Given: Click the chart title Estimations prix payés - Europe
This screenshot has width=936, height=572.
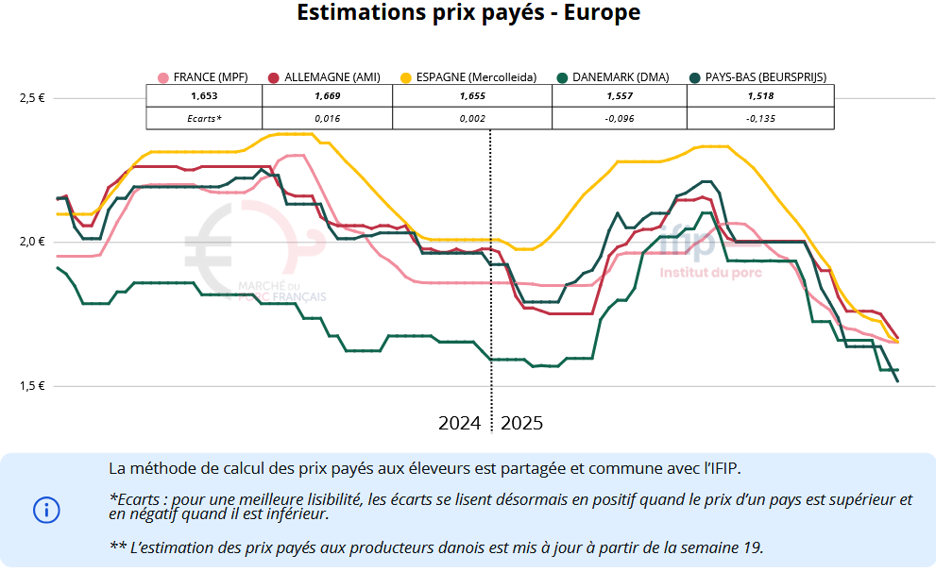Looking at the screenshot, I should (468, 13).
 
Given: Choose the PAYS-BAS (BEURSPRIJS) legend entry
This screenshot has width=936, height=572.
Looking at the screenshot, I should (765, 77).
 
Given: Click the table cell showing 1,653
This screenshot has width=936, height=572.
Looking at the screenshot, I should (204, 96).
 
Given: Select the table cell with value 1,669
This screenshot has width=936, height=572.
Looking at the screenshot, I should (327, 96).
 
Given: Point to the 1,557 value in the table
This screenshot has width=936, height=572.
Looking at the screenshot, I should (619, 96).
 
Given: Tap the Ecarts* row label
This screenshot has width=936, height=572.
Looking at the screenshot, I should (204, 119).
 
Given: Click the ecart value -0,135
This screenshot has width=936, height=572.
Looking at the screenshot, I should (760, 119).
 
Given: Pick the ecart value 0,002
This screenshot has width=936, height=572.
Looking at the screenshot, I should (471, 119).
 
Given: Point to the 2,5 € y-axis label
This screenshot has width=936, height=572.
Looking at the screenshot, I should (32, 98).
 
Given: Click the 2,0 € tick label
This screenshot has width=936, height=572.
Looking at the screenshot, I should (32, 242).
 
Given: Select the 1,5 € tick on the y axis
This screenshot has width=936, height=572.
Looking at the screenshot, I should (32, 386).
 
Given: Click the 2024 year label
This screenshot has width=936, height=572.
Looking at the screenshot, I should (460, 423).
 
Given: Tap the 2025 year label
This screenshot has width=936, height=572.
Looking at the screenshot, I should (522, 423).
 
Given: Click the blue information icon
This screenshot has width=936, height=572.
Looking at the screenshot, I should (46, 510).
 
